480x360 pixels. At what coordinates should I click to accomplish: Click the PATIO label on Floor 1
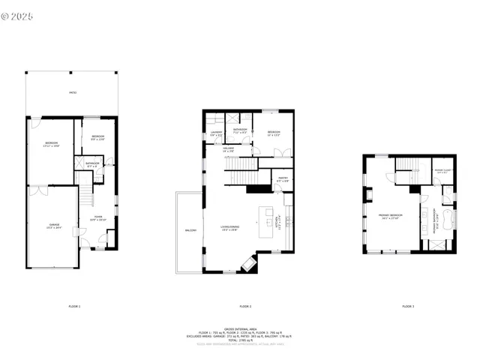point(72,92)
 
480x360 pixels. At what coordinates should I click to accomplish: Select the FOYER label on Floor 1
point(98,219)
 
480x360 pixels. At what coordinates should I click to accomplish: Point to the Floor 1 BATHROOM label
point(92,164)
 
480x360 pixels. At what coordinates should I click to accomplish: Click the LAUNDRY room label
point(215,136)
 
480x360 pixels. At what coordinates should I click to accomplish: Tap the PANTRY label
point(283,180)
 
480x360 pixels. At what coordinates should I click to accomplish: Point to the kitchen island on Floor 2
point(265,223)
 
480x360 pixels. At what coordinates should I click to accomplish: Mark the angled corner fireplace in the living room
point(248,263)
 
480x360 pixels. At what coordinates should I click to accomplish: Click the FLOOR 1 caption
point(74,306)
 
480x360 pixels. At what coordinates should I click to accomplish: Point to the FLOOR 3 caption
point(407,306)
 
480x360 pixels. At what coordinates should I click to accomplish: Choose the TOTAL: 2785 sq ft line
point(240,341)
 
